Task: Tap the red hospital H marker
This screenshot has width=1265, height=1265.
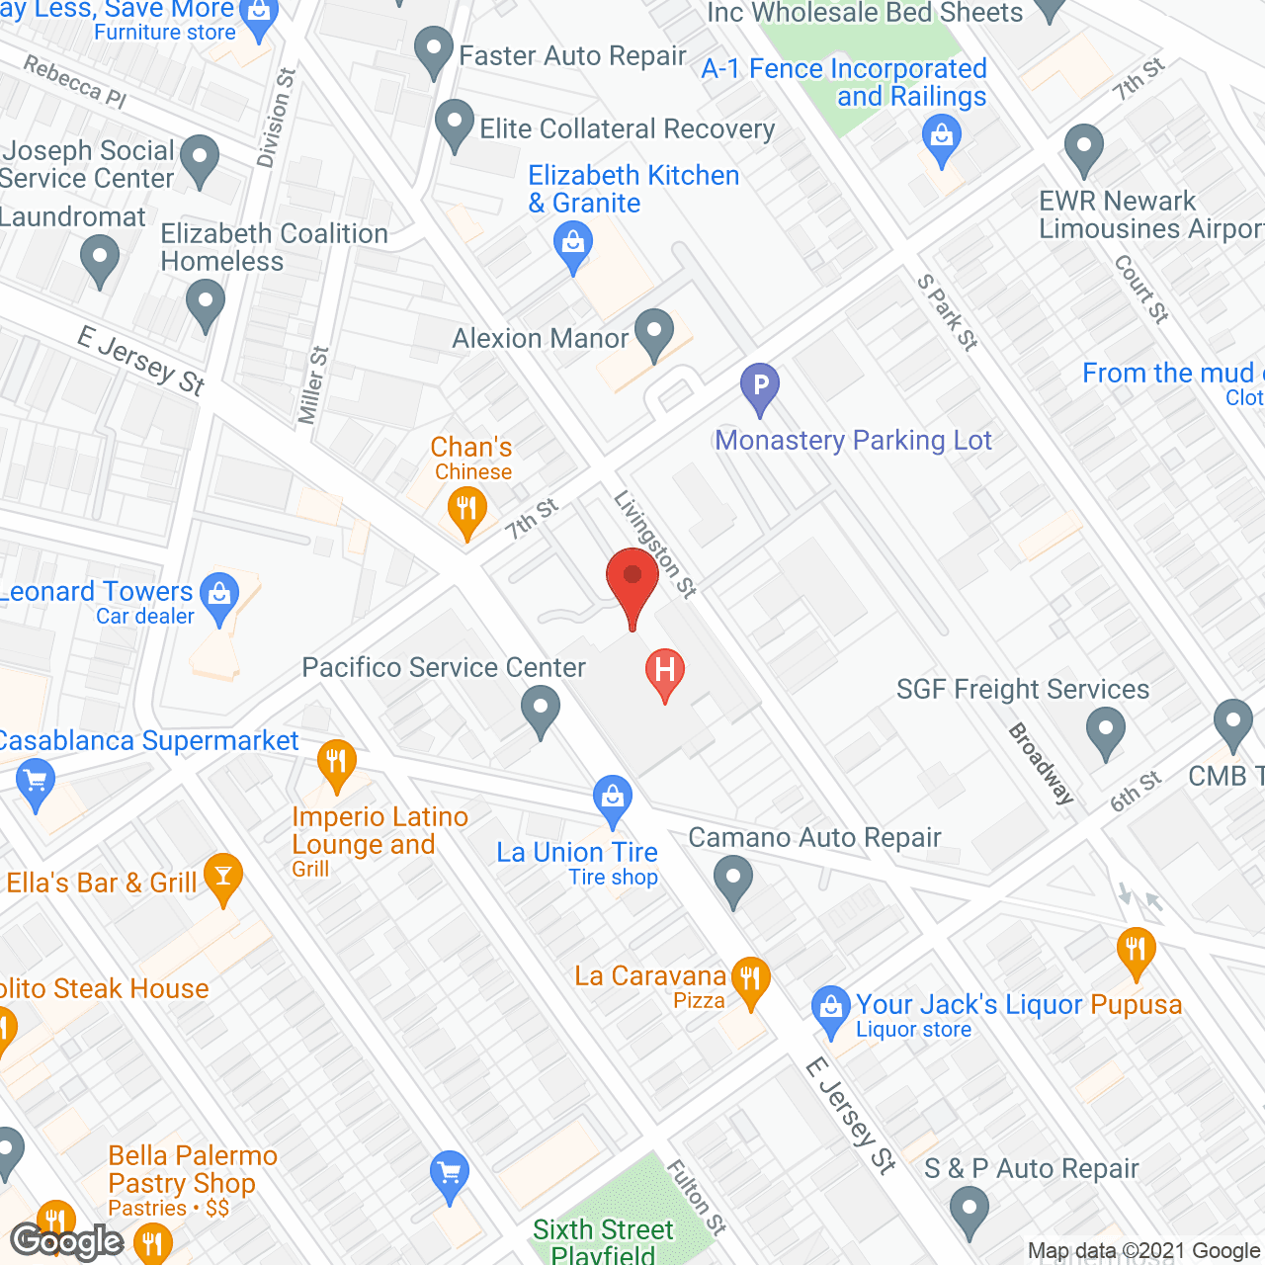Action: click(x=665, y=671)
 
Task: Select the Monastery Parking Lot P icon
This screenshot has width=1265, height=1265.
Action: click(x=760, y=386)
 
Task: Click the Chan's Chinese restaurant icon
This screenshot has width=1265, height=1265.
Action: click(x=465, y=511)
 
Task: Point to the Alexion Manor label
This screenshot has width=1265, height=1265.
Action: click(x=540, y=338)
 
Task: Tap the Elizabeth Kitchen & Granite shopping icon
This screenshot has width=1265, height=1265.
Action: click(x=573, y=242)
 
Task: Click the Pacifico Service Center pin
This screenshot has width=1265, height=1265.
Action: click(x=541, y=711)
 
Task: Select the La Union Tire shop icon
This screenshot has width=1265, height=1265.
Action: click(x=613, y=797)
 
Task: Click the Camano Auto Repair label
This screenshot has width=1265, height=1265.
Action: click(x=814, y=837)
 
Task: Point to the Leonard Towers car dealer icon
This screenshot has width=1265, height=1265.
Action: click(x=218, y=595)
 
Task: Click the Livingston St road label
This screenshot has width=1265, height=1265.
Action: click(x=655, y=544)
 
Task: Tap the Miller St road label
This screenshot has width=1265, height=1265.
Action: click(x=312, y=385)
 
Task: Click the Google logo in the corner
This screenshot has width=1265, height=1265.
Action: click(x=67, y=1241)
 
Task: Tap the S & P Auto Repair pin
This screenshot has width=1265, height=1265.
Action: click(x=969, y=1209)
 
